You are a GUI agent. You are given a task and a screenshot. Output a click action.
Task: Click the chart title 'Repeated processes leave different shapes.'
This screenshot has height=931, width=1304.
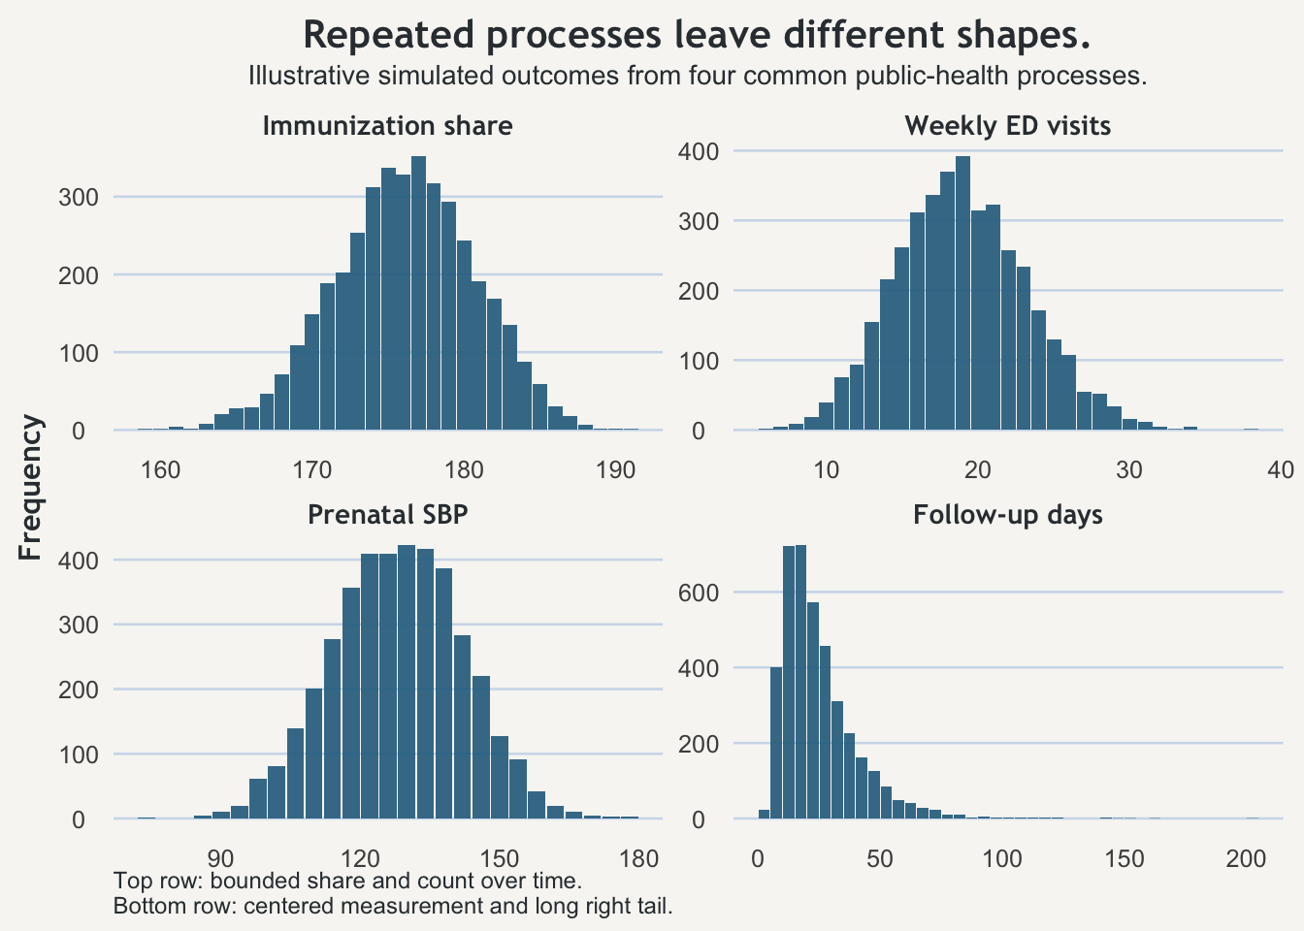[x=697, y=36]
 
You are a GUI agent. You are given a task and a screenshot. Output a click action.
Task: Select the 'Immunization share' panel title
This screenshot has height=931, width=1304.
[x=387, y=126]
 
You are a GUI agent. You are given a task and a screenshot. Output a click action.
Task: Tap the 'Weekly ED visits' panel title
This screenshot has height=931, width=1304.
[x=1007, y=126]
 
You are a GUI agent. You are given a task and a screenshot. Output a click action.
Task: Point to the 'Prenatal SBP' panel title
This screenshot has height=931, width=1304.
[x=387, y=515]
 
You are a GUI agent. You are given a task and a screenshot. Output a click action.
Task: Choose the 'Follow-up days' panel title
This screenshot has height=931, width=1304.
[x=1007, y=515]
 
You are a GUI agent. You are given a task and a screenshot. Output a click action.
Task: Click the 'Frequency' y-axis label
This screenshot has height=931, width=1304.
[x=31, y=488]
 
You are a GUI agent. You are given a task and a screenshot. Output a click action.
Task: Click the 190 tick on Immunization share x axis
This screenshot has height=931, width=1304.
[x=615, y=470]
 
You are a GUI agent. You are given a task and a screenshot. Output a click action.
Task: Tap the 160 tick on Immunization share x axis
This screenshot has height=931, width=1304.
[x=161, y=470]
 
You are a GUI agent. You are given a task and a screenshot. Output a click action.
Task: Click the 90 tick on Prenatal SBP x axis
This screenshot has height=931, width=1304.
[x=221, y=858]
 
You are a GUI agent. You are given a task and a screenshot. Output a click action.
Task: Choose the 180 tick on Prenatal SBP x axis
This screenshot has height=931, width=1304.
[x=638, y=858]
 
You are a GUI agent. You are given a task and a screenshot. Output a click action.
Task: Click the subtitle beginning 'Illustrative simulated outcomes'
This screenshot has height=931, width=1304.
[x=697, y=76]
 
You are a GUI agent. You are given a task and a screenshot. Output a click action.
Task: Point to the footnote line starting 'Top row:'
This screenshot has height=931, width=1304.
[x=347, y=882]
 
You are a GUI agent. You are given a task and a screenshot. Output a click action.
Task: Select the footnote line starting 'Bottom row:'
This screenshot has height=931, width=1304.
[x=393, y=907]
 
